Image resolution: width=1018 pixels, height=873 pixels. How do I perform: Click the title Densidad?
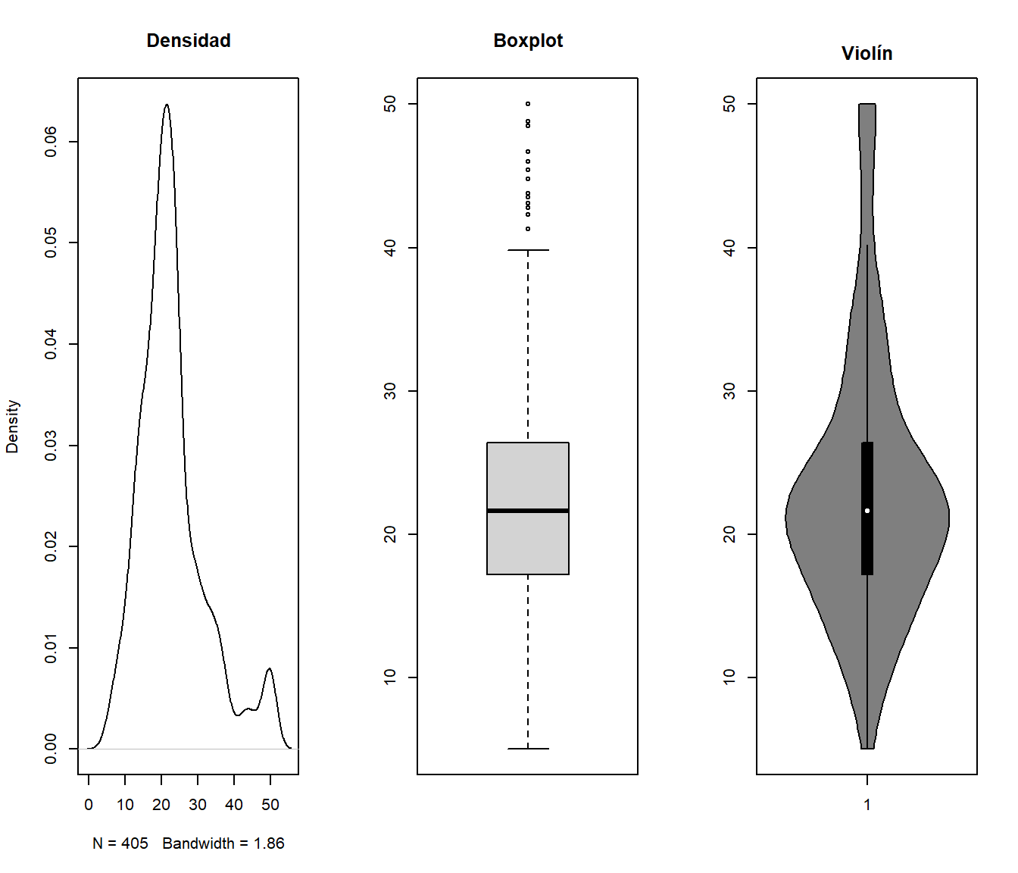189,40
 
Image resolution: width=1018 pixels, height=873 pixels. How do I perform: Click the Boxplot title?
528,40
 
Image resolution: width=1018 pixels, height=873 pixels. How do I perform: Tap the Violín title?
867,53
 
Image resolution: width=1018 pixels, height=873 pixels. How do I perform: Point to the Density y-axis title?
12,427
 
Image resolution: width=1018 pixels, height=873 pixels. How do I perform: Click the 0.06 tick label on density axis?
51,142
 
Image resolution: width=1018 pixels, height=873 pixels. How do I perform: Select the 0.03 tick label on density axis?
51,446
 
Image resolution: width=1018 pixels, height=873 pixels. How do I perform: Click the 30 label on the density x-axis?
198,805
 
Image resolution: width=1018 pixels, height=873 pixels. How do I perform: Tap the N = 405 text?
120,843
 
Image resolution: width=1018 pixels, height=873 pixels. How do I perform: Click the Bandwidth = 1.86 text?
223,843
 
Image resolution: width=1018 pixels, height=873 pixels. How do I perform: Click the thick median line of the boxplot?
528,511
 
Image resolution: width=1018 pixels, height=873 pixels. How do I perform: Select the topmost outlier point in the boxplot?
528,104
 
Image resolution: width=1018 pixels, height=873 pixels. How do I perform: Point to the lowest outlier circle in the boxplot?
528,229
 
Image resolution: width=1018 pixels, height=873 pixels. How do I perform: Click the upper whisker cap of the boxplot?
528,250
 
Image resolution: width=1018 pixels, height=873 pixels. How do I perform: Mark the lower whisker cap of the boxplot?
528,749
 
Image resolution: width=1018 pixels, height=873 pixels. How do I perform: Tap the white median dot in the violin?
867,511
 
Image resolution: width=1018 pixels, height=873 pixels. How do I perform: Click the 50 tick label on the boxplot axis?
389,104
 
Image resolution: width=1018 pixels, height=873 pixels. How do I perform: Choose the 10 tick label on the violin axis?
729,677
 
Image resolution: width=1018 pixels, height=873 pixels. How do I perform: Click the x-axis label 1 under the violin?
867,805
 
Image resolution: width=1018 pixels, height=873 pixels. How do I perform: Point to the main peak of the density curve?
167,105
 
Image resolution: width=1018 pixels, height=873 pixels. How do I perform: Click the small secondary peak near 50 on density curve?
270,668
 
